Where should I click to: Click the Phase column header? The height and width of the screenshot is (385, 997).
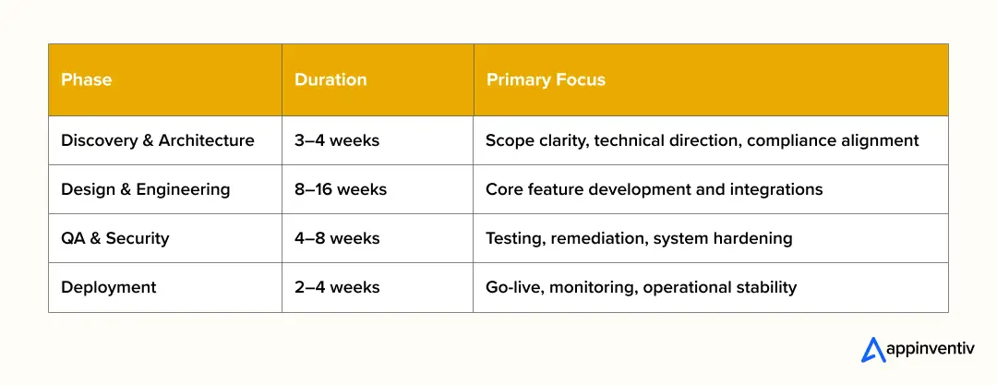[86, 79]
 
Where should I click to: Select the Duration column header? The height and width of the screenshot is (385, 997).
[330, 79]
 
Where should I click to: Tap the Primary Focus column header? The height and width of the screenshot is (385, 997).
[546, 79]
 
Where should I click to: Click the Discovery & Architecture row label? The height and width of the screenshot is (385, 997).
[157, 140]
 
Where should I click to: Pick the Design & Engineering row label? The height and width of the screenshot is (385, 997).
[145, 189]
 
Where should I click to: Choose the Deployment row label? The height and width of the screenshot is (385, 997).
[108, 287]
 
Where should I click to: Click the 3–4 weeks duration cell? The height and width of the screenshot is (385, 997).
[337, 140]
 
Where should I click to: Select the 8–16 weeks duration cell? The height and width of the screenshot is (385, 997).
[341, 189]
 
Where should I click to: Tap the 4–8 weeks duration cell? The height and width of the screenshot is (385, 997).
[337, 238]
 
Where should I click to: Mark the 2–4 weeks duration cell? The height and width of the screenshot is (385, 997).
[337, 287]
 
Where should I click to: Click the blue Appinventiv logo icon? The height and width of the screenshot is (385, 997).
[872, 350]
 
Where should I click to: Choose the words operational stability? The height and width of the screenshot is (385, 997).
[720, 287]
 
